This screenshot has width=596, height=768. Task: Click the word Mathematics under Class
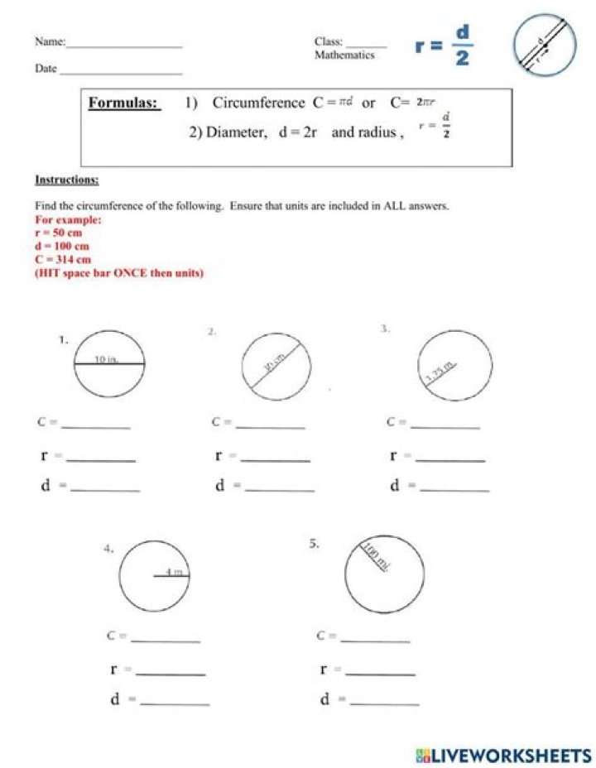(x=344, y=55)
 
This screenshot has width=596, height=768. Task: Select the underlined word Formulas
(x=124, y=103)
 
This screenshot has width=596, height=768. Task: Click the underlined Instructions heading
(x=67, y=180)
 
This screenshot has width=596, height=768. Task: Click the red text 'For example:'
(x=69, y=220)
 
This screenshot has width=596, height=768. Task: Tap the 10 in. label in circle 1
(x=107, y=359)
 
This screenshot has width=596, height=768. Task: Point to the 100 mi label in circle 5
(x=375, y=556)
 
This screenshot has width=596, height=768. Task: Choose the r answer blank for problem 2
(x=276, y=458)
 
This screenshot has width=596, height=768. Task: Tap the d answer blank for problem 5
(x=384, y=702)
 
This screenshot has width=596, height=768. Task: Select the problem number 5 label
(x=314, y=544)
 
